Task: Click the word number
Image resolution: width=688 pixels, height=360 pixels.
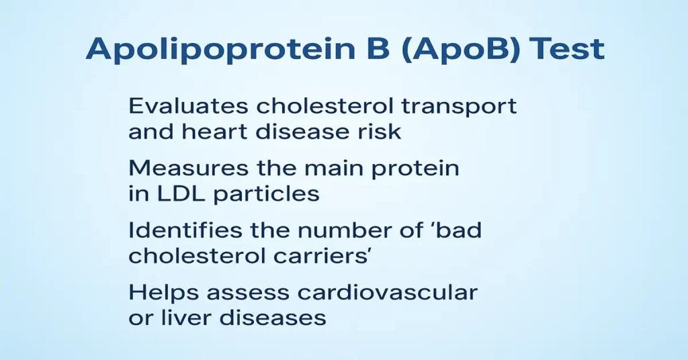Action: click(x=345, y=230)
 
